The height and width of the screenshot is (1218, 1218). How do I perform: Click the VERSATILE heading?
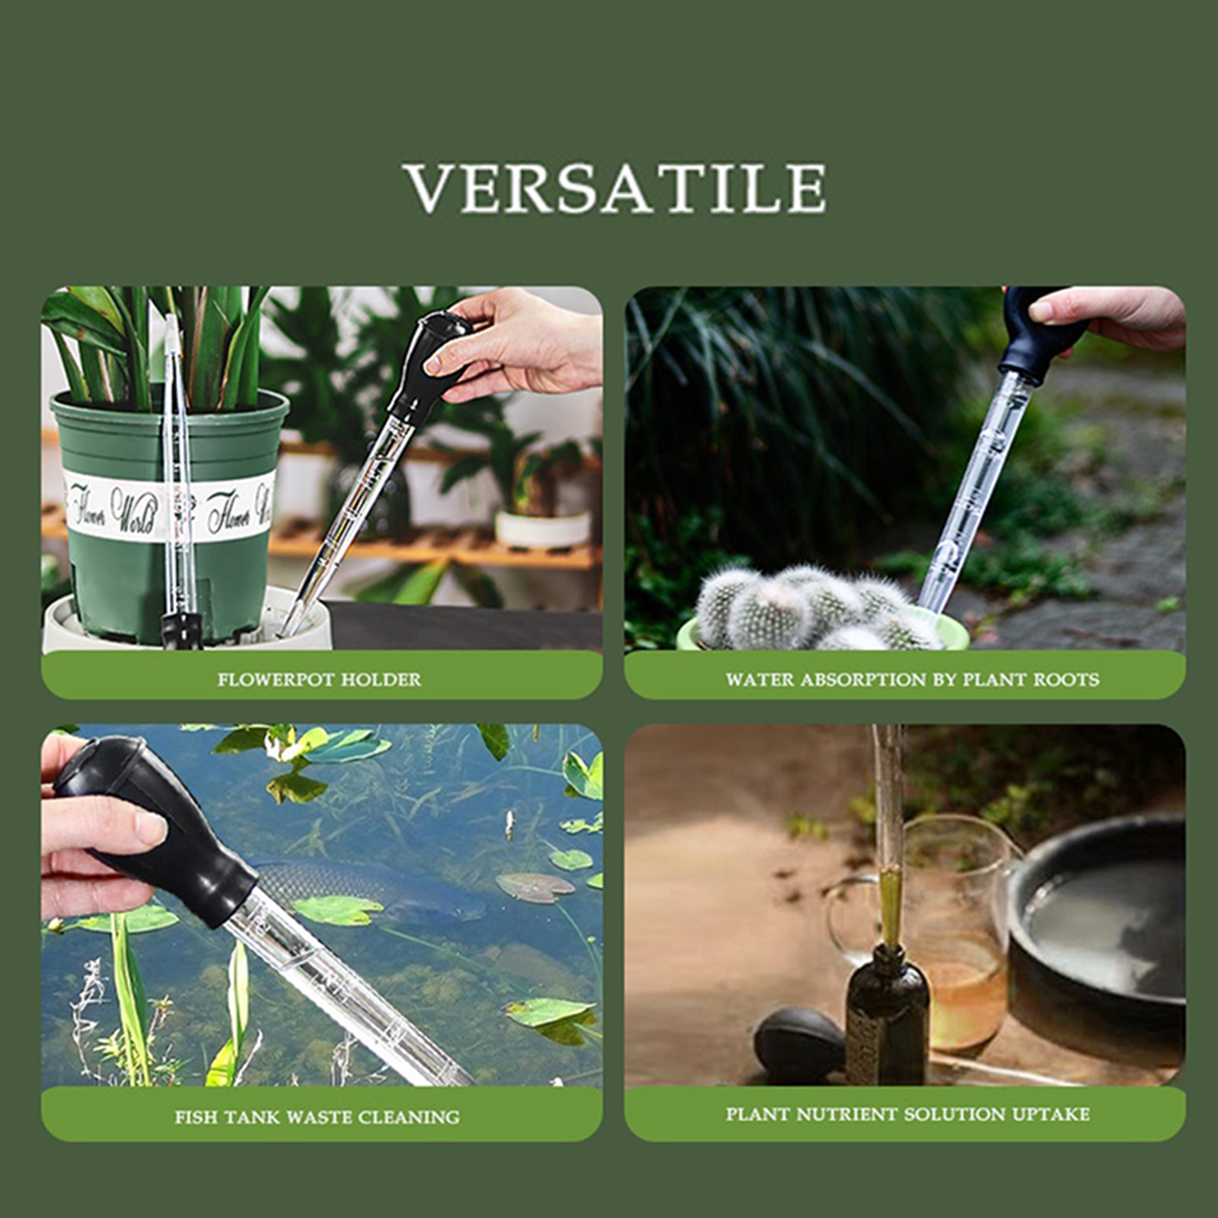[616, 187]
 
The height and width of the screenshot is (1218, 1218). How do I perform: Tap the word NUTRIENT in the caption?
[847, 1114]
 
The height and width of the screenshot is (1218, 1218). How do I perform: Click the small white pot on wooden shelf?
[543, 528]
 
